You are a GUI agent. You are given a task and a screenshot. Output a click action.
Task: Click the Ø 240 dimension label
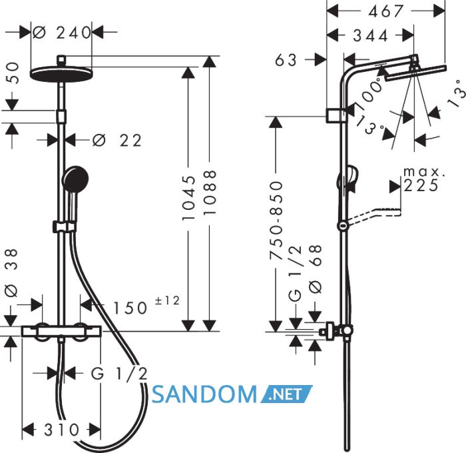tap(61, 33)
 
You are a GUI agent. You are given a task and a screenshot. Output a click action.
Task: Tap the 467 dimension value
tap(385, 11)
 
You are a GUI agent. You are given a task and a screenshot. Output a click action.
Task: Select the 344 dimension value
tap(370, 36)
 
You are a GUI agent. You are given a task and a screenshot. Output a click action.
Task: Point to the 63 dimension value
tap(286, 60)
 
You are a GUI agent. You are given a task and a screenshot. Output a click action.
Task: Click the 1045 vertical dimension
tap(189, 198)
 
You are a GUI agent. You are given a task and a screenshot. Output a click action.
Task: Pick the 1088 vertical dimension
tap(210, 193)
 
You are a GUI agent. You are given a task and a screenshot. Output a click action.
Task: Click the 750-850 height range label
tap(276, 221)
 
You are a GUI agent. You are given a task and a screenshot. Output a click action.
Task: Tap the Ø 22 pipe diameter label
tap(117, 140)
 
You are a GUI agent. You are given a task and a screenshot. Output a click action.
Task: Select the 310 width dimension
tap(62, 430)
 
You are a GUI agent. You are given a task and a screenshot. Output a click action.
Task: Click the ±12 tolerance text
tap(167, 300)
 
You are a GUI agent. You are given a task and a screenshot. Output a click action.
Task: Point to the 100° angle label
tap(368, 93)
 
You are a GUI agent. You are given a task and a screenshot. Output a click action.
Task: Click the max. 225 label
tap(422, 180)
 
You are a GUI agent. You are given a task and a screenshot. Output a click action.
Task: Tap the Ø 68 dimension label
tap(316, 269)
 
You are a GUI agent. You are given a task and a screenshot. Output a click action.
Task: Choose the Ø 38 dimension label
tap(11, 272)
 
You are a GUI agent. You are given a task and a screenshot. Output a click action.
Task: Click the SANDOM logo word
tap(204, 394)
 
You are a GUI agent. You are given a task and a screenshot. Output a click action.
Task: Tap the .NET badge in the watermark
tap(286, 394)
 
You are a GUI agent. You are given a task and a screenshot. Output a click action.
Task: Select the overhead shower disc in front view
tap(61, 73)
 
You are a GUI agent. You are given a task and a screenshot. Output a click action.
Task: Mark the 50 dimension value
tap(12, 73)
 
